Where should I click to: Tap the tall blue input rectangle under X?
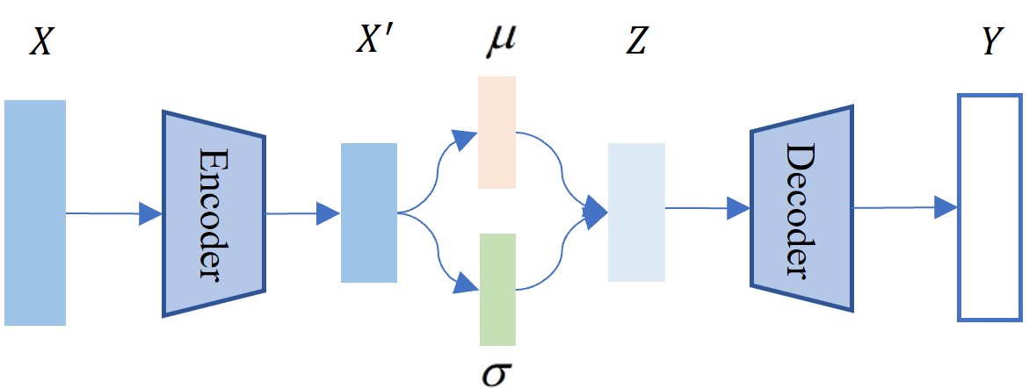click(35, 213)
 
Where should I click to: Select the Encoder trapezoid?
click(214, 213)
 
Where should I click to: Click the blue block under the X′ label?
click(369, 213)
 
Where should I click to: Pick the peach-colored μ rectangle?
click(496, 132)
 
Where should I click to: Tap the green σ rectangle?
click(497, 289)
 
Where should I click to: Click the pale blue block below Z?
click(637, 213)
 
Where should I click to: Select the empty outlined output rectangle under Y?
click(990, 207)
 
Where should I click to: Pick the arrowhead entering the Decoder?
click(738, 209)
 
